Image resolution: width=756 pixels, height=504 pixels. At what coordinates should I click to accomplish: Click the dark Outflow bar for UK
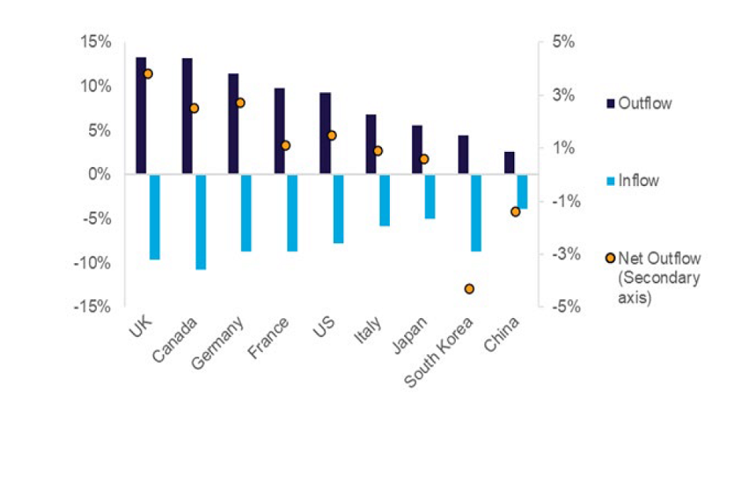click(141, 115)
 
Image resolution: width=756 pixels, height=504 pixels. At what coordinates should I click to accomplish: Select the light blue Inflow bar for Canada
click(201, 221)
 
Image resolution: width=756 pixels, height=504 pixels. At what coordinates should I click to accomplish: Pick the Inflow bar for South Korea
click(476, 213)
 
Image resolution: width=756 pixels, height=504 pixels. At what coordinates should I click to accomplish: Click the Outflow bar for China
click(510, 162)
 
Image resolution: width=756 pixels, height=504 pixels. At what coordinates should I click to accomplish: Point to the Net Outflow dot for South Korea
click(469, 289)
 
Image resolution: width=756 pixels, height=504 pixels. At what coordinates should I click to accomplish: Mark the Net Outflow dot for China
click(516, 212)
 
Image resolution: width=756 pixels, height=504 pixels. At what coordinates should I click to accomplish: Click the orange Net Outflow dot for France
click(285, 146)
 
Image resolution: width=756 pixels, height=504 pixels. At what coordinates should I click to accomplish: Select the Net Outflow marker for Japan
click(424, 159)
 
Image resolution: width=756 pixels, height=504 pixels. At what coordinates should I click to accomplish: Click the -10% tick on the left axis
click(95, 262)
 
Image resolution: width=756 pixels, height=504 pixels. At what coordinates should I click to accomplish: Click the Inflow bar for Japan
click(430, 196)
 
